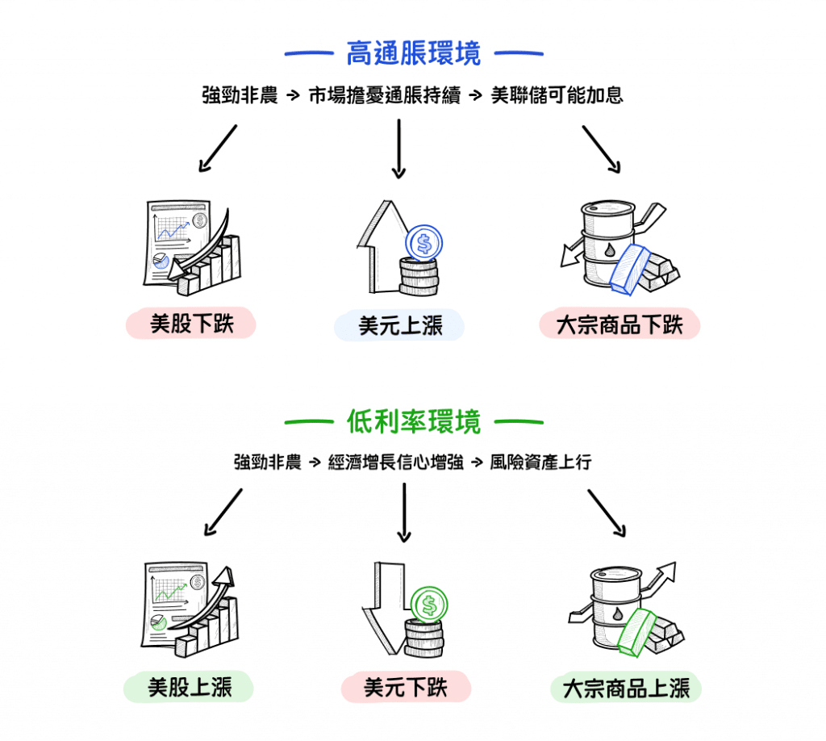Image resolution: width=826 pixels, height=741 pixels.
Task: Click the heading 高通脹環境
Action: point(413,54)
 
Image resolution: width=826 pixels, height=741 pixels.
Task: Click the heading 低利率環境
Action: point(413,421)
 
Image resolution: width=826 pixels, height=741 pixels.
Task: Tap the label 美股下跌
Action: point(191,324)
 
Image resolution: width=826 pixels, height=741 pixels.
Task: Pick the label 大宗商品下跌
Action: point(619,325)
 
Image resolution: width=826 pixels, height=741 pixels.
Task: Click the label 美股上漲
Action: point(190,688)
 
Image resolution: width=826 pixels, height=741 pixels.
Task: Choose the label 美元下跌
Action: point(405,688)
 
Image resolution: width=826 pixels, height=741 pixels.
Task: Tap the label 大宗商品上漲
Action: point(625,689)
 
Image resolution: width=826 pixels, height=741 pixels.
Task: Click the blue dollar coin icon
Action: point(424,241)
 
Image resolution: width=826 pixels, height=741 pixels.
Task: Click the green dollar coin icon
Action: point(428,603)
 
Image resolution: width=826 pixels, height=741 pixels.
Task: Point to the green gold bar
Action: point(636,630)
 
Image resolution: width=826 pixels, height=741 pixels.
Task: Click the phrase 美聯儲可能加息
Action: point(557,95)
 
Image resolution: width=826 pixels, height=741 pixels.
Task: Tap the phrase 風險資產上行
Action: point(540,463)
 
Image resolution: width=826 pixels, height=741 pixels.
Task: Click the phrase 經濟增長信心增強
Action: point(396,463)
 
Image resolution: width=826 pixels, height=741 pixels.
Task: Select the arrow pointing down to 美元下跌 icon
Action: point(404,512)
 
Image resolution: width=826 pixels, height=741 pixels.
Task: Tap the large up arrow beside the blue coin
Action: point(378,246)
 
